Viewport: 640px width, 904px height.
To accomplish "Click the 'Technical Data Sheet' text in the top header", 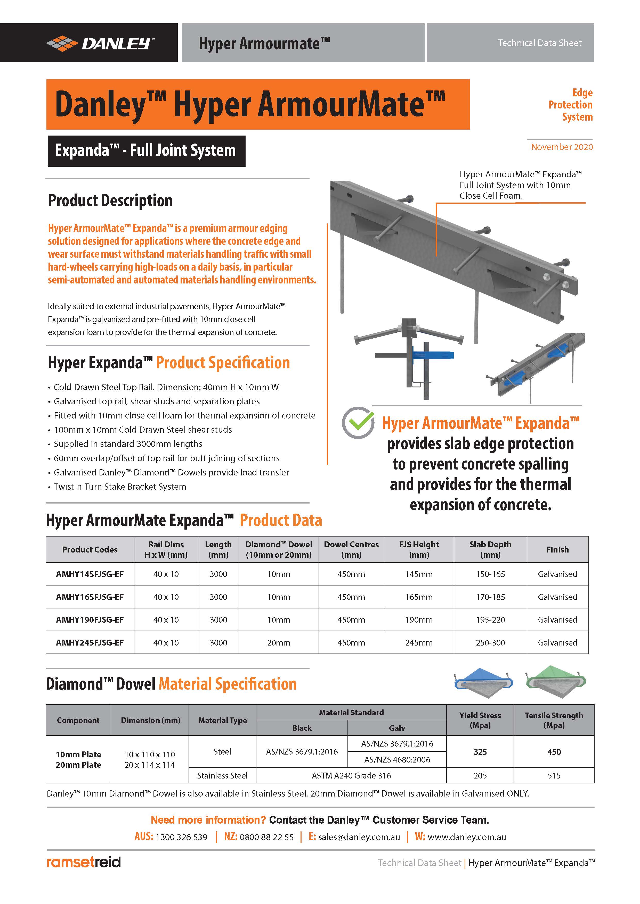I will (x=539, y=43).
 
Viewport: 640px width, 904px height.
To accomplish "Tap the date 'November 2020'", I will (x=562, y=147).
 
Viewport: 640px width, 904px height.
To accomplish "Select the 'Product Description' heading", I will (x=110, y=200).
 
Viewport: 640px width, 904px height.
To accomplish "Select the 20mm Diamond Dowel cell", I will (x=279, y=642).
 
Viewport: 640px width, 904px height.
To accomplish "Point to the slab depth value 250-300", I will (x=490, y=642).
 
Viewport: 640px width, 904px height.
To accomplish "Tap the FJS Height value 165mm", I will (x=419, y=597).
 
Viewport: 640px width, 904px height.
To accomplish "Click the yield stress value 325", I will (x=480, y=752).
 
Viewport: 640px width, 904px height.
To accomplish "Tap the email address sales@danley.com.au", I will (x=359, y=837).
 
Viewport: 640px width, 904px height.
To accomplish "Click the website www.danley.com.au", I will (x=467, y=837).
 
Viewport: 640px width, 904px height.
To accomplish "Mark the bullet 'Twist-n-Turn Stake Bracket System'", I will (x=120, y=486).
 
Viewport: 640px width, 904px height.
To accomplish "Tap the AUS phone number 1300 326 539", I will (x=181, y=837).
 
